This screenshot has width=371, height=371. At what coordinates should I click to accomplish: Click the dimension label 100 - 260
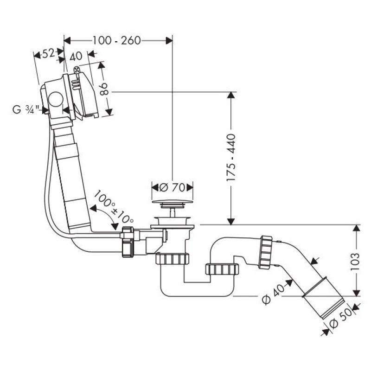point(116,40)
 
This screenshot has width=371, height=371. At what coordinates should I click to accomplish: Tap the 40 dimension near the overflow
point(76,57)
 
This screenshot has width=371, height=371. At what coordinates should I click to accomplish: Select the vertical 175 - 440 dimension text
point(231,157)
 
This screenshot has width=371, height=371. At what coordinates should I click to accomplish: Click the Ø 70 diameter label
point(172,187)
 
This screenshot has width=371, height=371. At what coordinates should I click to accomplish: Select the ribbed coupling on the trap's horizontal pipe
point(221,269)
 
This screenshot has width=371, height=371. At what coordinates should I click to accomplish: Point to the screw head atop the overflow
point(76,70)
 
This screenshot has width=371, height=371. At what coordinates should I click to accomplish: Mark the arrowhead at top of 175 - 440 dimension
point(230,96)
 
